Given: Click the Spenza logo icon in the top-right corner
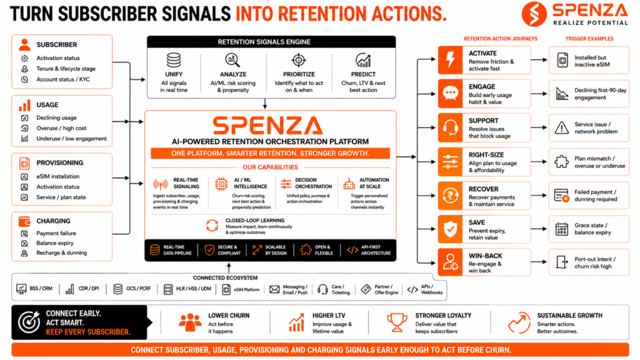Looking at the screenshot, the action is pyautogui.click(x=534, y=14).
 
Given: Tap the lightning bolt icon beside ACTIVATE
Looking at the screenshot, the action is pyautogui.click(x=450, y=60).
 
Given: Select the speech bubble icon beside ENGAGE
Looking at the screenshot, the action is pyautogui.click(x=450, y=94).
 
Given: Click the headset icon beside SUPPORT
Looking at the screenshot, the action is pyautogui.click(x=450, y=127).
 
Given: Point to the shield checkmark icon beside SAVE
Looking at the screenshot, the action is pyautogui.click(x=450, y=229).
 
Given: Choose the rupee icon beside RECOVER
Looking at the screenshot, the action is pyautogui.click(x=450, y=196).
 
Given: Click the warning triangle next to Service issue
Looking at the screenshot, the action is pyautogui.click(x=562, y=127).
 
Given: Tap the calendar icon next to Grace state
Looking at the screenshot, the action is pyautogui.click(x=562, y=229).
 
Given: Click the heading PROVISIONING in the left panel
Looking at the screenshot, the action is pyautogui.click(x=59, y=163).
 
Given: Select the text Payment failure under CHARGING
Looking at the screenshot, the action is pyautogui.click(x=56, y=234).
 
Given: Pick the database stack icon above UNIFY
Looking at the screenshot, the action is pyautogui.click(x=174, y=60).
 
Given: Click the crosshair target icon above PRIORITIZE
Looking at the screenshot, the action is pyautogui.click(x=299, y=60).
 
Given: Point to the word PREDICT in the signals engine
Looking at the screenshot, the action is pyautogui.click(x=363, y=74).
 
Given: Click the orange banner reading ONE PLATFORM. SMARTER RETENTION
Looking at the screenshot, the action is pyautogui.click(x=270, y=154).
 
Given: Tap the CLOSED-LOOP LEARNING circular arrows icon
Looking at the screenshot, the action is pyautogui.click(x=212, y=225).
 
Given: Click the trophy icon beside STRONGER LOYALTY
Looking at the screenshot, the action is pyautogui.click(x=397, y=322).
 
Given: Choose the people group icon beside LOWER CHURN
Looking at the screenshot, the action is pyautogui.click(x=190, y=322).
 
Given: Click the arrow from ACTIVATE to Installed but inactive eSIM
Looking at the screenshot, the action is pyautogui.click(x=539, y=60).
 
